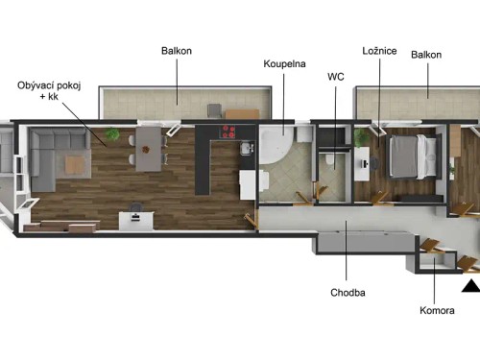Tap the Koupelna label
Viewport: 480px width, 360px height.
[284, 64]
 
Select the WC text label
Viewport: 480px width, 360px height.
[335, 76]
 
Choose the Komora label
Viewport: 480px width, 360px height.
[438, 310]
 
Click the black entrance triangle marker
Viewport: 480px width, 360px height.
[470, 285]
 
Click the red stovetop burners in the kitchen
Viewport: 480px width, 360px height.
[230, 132]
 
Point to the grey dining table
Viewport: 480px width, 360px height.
[149, 149]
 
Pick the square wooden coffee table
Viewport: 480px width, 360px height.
[77, 164]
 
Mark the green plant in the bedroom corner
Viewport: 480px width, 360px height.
[362, 138]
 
